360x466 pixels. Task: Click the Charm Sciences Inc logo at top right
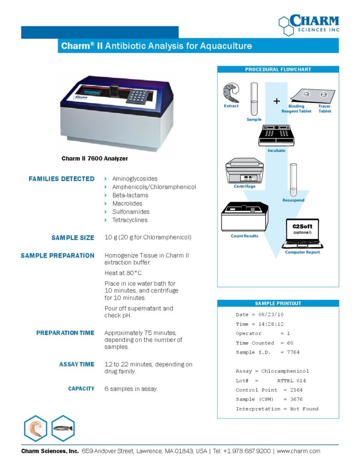click(309, 25)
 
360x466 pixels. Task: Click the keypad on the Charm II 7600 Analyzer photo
click(140, 96)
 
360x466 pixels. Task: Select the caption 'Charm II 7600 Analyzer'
click(95, 159)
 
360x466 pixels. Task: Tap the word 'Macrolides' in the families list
click(127, 203)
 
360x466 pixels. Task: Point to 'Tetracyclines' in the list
click(130, 220)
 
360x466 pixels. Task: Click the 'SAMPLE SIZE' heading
click(73, 238)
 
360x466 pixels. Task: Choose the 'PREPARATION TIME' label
click(66, 333)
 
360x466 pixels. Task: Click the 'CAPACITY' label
click(81, 389)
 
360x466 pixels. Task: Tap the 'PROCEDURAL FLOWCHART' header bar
click(278, 70)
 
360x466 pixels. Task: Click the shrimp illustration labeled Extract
click(231, 93)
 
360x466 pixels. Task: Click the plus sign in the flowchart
click(277, 101)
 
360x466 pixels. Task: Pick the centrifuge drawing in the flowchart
click(245, 170)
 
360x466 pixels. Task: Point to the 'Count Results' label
click(244, 236)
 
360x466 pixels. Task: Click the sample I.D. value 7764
click(293, 352)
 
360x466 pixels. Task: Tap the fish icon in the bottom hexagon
click(63, 428)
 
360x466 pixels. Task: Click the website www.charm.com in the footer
click(299, 451)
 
